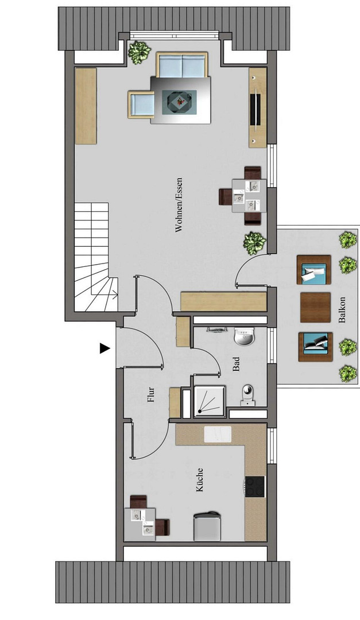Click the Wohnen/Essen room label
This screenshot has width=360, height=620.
[179, 205]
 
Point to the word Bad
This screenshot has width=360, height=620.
[236, 364]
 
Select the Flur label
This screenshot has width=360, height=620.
[150, 394]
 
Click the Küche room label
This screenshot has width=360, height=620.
[199, 479]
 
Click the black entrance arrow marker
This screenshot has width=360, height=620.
[104, 348]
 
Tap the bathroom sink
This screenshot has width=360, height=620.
[245, 336]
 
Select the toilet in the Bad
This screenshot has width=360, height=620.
[247, 395]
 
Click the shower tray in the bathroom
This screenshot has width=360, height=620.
[210, 401]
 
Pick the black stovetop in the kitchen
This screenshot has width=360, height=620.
[254, 486]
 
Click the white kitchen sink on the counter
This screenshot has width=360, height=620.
[218, 435]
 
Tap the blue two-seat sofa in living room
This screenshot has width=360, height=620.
[182, 65]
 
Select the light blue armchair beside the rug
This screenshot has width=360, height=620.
[141, 104]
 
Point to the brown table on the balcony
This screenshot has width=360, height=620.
[315, 307]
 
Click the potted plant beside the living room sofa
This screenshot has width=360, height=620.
[140, 53]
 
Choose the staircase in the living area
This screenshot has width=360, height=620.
[96, 257]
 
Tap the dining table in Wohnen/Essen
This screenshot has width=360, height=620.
[249, 196]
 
